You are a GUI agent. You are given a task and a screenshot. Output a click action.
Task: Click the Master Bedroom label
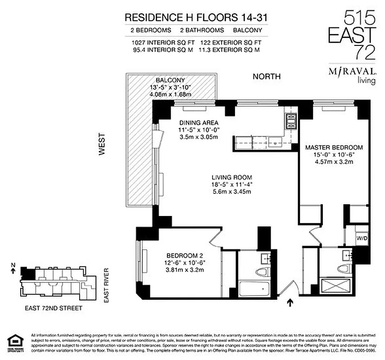pyautogui.click(x=334, y=148)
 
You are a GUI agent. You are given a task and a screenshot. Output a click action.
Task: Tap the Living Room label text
pyautogui.click(x=232, y=177)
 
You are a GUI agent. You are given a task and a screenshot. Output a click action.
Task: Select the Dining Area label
pyautogui.click(x=199, y=122)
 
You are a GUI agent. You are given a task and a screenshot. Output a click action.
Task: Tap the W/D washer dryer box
pyautogui.click(x=362, y=238)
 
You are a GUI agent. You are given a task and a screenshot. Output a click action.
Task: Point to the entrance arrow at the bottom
pyautogui.click(x=290, y=304)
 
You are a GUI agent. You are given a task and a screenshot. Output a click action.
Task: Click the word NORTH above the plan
pyautogui.click(x=267, y=76)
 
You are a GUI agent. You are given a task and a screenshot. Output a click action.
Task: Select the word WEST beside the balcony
pyautogui.click(x=102, y=144)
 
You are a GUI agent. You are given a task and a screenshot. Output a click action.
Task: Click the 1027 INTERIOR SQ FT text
pyautogui.click(x=157, y=43)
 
